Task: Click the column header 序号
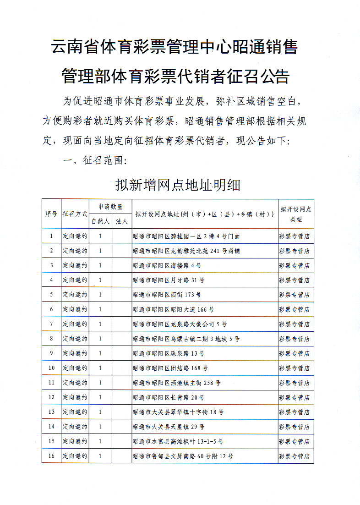click(51, 214)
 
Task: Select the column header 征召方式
click(75, 214)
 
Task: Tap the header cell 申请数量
click(110, 207)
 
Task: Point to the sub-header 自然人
click(100, 221)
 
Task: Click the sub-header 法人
click(122, 221)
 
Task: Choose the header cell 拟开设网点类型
click(296, 214)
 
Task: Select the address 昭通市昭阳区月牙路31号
click(168, 280)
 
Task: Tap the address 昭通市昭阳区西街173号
click(167, 295)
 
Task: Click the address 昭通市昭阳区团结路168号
click(170, 368)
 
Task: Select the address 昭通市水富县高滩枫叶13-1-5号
click(178, 441)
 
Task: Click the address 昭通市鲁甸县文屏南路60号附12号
click(183, 456)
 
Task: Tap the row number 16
click(51, 456)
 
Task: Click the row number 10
click(51, 368)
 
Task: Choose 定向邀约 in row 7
click(75, 324)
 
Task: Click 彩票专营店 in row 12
click(294, 397)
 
